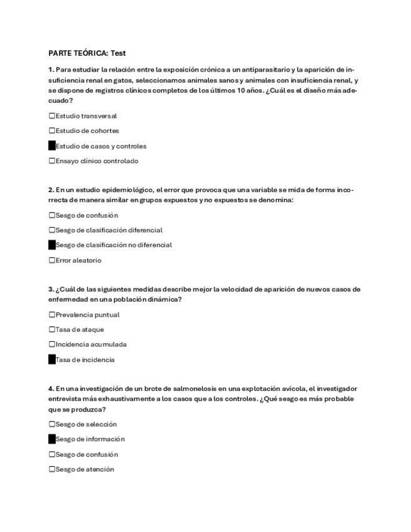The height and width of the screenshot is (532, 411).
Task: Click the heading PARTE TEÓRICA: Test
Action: coord(87,53)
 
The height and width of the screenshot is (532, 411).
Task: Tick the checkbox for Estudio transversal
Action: coord(52,115)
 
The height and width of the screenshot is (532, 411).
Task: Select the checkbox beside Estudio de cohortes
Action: coord(52,130)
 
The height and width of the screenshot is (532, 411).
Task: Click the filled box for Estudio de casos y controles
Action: coord(52,146)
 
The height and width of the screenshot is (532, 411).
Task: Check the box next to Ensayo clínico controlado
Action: coord(52,161)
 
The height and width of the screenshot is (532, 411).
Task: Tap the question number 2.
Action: coord(51,189)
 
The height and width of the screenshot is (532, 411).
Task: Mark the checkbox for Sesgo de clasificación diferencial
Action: coord(52,230)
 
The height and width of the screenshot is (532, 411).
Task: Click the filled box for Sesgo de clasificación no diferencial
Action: coord(52,245)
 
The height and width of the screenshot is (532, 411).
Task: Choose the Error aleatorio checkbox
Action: coord(52,260)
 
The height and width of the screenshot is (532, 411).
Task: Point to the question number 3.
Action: coord(51,289)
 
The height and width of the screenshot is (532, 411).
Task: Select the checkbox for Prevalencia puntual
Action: coord(52,315)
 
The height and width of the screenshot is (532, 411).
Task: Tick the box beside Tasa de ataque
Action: coord(52,329)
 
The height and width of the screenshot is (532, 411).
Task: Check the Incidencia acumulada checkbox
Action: coord(52,344)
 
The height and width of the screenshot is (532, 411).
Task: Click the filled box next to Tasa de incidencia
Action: coord(52,360)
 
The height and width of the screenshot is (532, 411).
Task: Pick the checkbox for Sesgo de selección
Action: coord(52,424)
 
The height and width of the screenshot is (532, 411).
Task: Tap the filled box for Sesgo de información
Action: coord(52,439)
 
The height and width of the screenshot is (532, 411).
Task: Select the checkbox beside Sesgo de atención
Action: coord(52,469)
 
